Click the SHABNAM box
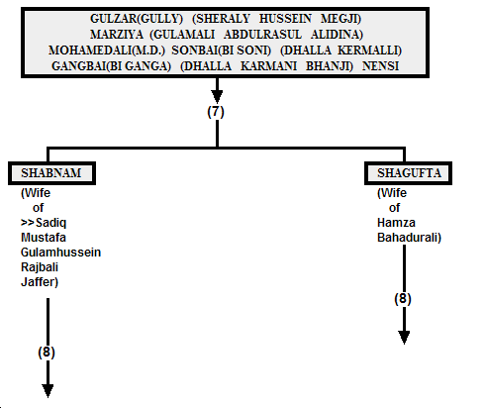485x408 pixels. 51,173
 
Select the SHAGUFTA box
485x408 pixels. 408,173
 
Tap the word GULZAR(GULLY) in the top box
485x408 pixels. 137,19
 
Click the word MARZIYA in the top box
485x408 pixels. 117,35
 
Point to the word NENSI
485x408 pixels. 380,66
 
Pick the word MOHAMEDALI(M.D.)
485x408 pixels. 107,51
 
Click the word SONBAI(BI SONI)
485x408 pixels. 221,51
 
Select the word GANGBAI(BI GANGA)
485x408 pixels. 111,66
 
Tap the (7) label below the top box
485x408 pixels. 216,112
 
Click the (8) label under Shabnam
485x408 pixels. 47,352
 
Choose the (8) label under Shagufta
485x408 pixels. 403,299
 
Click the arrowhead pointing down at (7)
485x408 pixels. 217,97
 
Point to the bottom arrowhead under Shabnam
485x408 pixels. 48,391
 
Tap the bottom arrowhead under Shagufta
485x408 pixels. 404,338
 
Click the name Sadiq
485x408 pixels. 50,223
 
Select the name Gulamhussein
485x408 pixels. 60,253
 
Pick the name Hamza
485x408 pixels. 396,223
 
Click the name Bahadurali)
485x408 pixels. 409,238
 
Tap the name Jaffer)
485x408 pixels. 40,282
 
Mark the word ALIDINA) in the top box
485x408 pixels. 337,35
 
